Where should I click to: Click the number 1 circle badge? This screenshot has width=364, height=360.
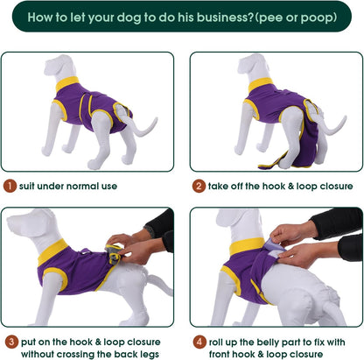tap(9, 186)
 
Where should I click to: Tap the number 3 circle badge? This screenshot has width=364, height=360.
tap(9, 341)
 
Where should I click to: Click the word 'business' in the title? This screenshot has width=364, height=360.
tap(185, 17)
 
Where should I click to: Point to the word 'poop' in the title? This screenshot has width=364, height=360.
tap(301, 17)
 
